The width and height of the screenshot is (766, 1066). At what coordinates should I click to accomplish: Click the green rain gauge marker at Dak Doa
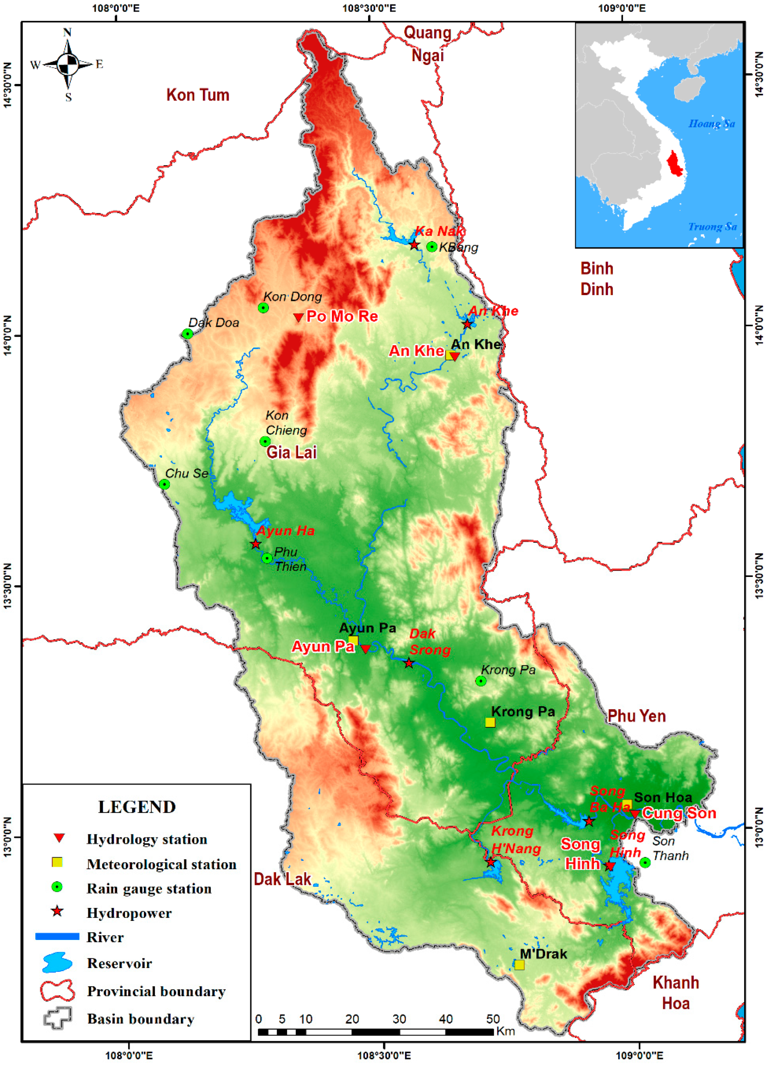188,334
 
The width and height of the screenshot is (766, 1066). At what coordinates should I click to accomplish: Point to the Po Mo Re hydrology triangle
298,318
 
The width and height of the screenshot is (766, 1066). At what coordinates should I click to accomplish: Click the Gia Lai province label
292,452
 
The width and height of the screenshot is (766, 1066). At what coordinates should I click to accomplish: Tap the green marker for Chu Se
164,484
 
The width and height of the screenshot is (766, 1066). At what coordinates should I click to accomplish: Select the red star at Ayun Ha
255,544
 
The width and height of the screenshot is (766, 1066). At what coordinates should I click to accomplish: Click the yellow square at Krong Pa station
490,722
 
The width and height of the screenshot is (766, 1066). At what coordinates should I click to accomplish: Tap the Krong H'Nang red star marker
490,862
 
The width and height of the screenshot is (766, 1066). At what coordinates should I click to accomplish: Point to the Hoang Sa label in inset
712,123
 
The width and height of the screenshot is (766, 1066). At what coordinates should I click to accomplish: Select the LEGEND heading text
137,807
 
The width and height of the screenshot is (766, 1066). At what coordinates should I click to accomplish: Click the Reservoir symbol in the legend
57,963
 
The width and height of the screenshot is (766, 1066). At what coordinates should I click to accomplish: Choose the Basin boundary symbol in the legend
57,1018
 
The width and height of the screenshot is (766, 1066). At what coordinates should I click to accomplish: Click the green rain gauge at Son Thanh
645,862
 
